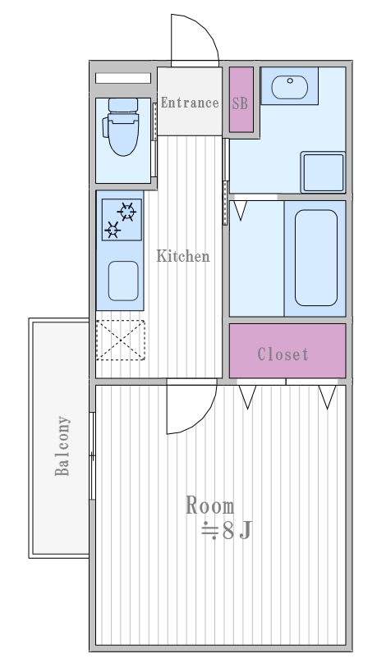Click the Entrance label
tap(190, 103)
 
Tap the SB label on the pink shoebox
tap(240, 103)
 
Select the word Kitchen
tap(183, 256)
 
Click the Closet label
tap(283, 354)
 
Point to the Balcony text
tap(62, 446)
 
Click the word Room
tap(210, 505)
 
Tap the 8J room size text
tap(227, 531)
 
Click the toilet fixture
tap(122, 126)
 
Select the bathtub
tap(316, 258)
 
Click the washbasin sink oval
tap(290, 87)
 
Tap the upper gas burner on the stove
tap(127, 212)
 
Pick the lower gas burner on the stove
tap(113, 230)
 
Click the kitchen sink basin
tap(123, 281)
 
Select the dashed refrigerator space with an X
tap(121, 341)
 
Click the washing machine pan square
tap(323, 171)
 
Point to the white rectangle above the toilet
tap(123, 78)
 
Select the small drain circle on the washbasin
tap(291, 80)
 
